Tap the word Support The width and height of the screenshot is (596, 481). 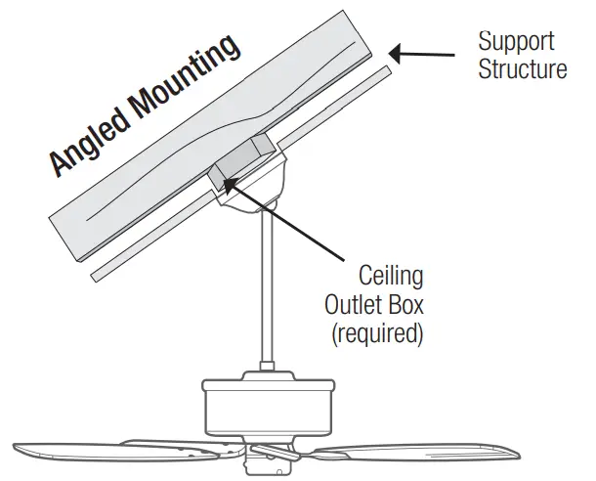pyautogui.click(x=516, y=42)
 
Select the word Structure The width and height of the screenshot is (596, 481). pyautogui.click(x=522, y=69)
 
